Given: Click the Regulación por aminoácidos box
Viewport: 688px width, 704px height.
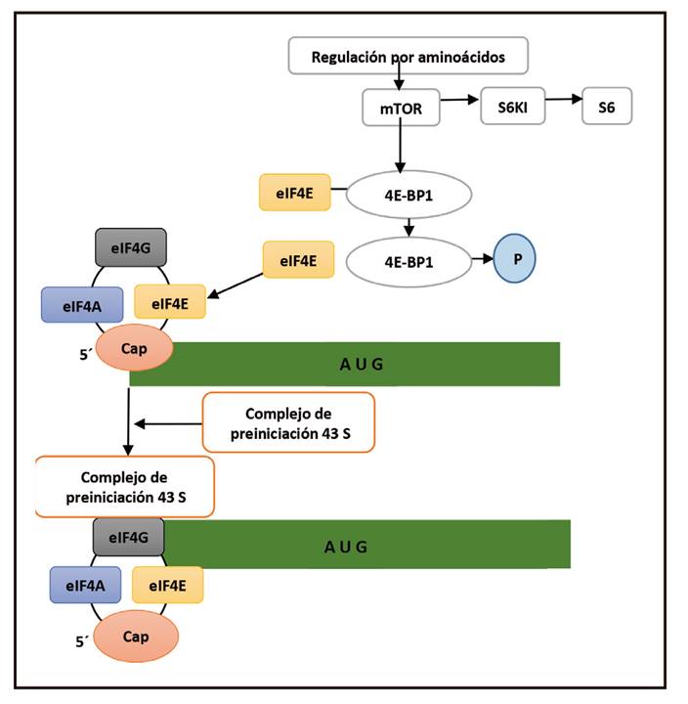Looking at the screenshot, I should [x=408, y=56].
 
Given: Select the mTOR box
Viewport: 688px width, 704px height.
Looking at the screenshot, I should [x=401, y=109].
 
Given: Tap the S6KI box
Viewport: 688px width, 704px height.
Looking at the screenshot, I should [x=512, y=108].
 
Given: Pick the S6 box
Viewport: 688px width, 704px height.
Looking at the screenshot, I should [x=607, y=108].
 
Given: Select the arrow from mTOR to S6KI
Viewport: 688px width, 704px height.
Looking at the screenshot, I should [x=461, y=100].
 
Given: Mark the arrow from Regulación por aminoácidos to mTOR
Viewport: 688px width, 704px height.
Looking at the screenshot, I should [x=400, y=82].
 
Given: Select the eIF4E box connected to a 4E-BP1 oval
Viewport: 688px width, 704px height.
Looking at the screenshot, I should [x=294, y=193].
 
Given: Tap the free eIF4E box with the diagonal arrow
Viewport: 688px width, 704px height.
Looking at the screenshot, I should [x=298, y=260].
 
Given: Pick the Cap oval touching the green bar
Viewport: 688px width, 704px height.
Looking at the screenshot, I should [x=136, y=349].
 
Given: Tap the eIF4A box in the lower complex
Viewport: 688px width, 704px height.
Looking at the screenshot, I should [x=85, y=585].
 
